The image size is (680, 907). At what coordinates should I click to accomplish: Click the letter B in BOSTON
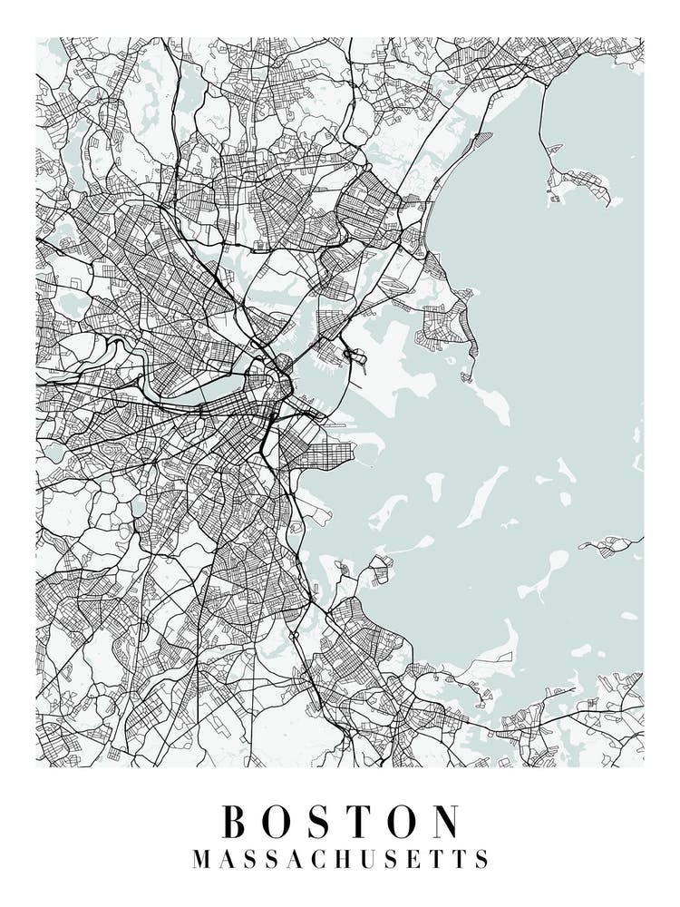236,822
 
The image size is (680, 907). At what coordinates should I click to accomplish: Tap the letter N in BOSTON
443,822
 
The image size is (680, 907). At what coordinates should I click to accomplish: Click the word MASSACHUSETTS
340,859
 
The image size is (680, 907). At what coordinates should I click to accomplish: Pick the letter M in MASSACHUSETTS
201,859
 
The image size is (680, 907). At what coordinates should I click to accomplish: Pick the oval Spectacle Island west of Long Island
435,485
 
